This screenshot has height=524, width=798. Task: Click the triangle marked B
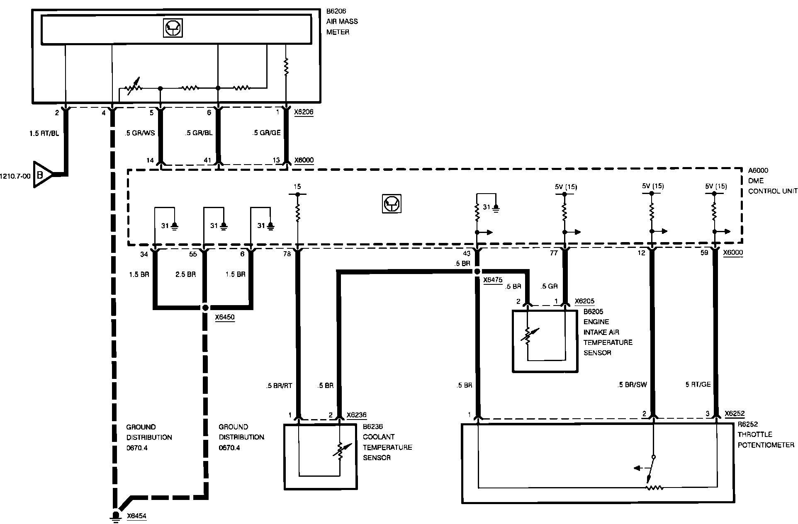pos(41,175)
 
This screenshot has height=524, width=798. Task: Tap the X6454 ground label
pos(136,516)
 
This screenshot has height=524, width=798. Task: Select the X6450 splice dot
pos(205,308)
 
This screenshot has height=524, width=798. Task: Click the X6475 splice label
pos(493,280)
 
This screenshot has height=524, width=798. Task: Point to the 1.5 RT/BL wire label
pos(44,133)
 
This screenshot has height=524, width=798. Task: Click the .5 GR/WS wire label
pos(140,133)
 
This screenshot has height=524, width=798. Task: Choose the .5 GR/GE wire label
pos(266,133)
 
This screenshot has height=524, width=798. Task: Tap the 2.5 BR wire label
pos(185,274)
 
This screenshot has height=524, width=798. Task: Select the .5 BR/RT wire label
pos(279,386)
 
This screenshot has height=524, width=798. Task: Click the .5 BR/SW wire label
pos(632,385)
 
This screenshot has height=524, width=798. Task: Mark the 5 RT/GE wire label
pos(698,385)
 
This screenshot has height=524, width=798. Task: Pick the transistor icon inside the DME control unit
pos(392,204)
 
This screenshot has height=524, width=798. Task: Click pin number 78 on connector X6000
pos(287,254)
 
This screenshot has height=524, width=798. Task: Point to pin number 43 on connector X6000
pos(467,253)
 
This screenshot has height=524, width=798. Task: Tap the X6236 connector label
pos(356,415)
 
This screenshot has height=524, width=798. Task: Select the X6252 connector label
pos(735,413)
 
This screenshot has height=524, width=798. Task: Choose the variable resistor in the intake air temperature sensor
pos(528,336)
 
